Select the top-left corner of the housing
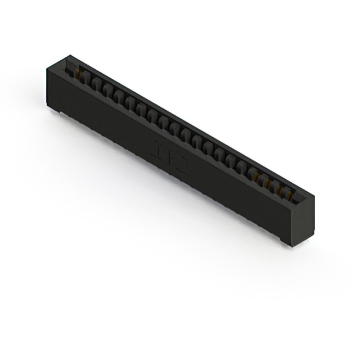tap(47, 67)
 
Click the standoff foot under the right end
tap(287, 241)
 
